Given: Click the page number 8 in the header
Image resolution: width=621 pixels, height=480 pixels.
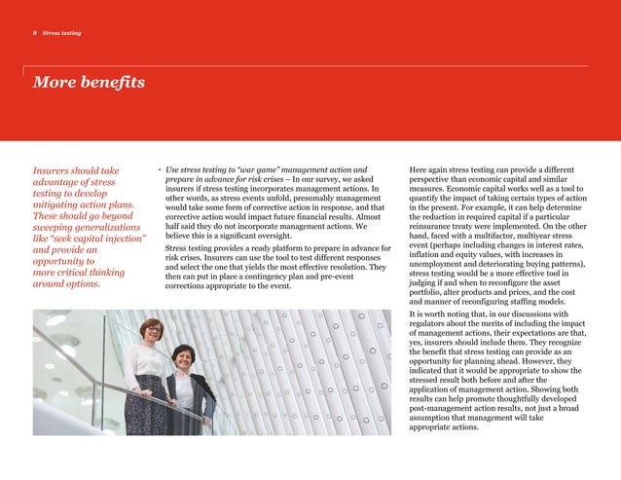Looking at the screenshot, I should pyautogui.click(x=36, y=34).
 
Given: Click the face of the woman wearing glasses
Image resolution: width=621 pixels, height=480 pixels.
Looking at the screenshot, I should pyautogui.click(x=154, y=331).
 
